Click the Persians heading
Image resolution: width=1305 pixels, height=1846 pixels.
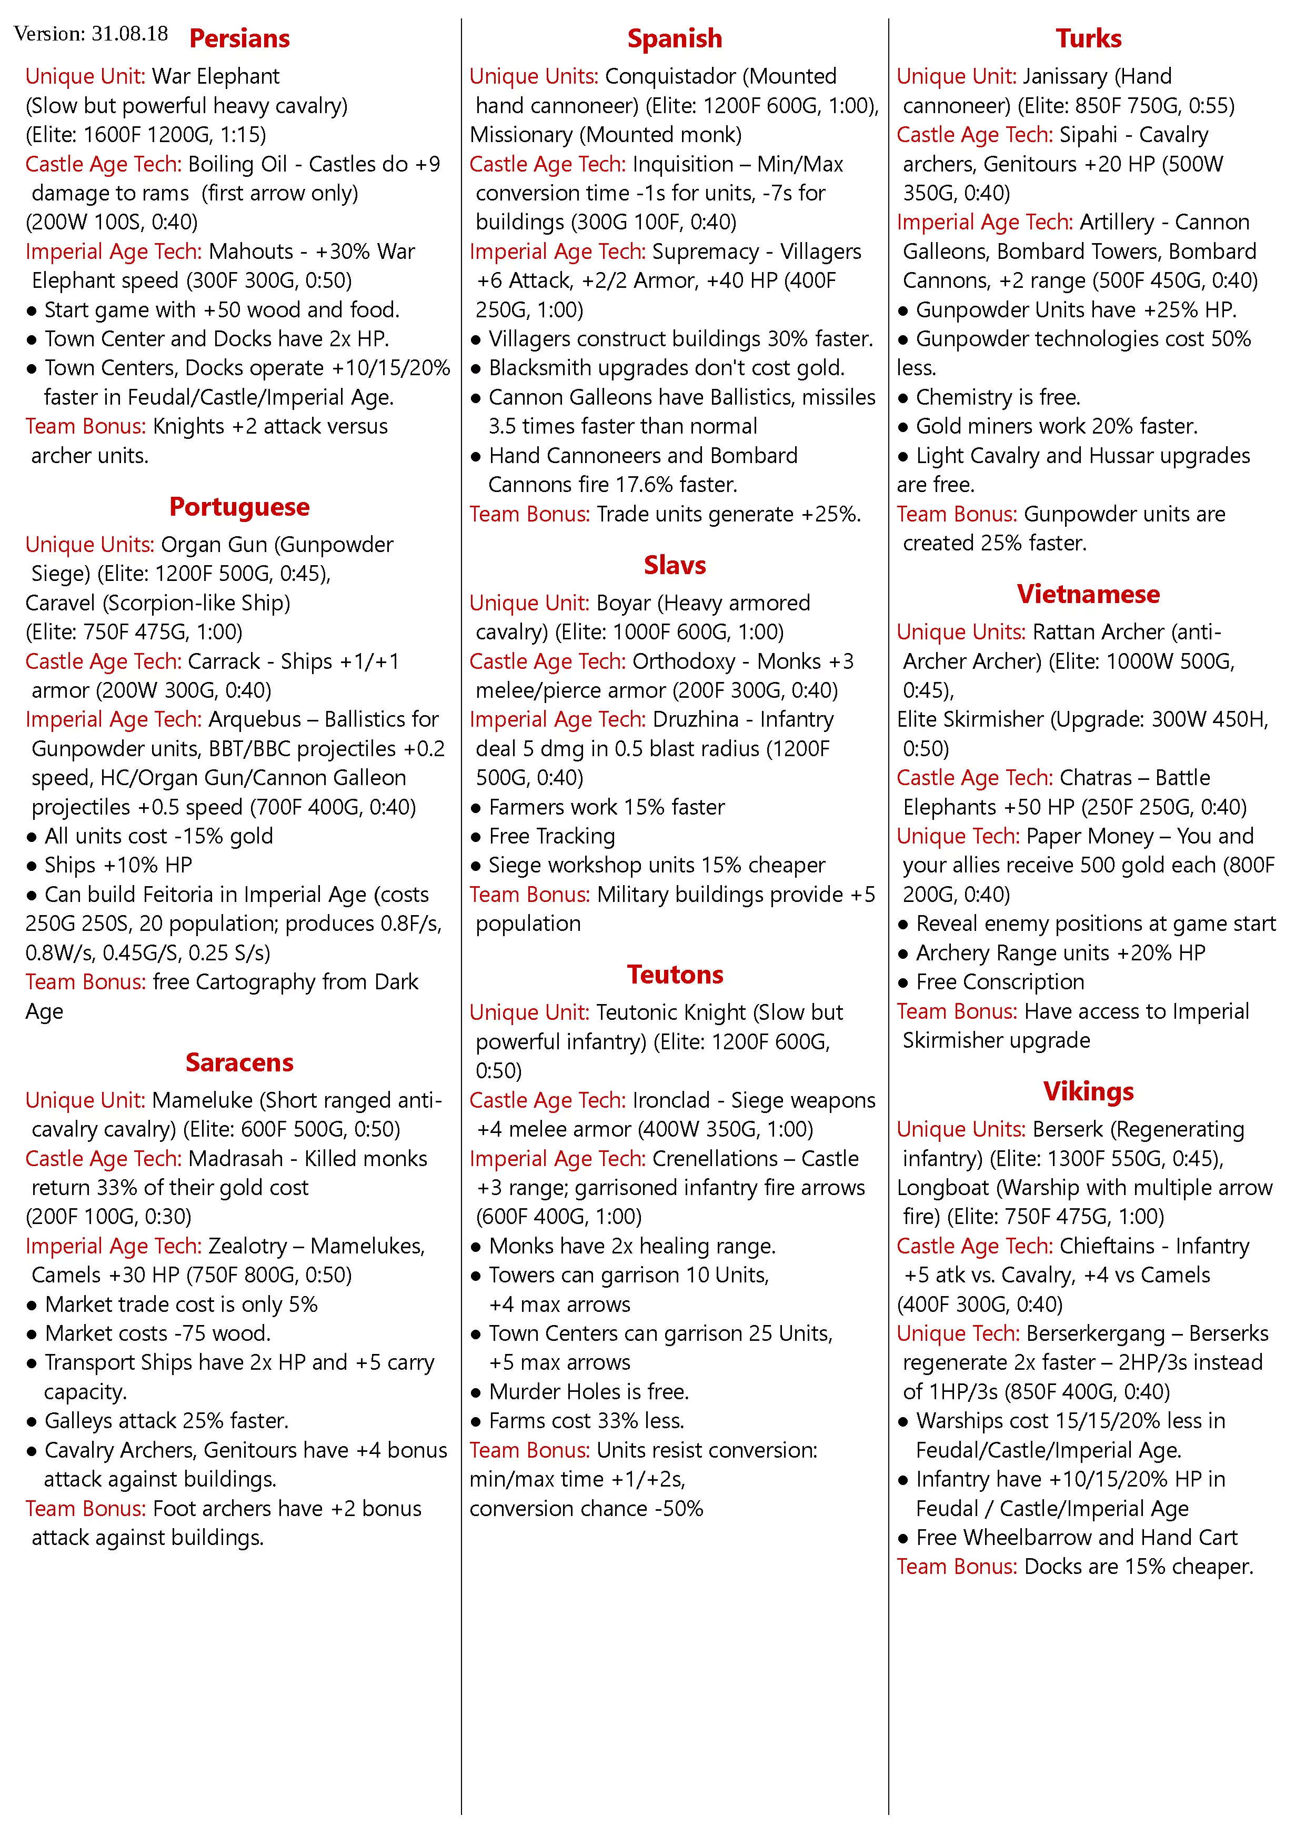point(239,38)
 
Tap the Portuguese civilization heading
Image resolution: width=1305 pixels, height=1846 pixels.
point(239,507)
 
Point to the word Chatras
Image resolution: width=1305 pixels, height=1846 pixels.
point(1095,778)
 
